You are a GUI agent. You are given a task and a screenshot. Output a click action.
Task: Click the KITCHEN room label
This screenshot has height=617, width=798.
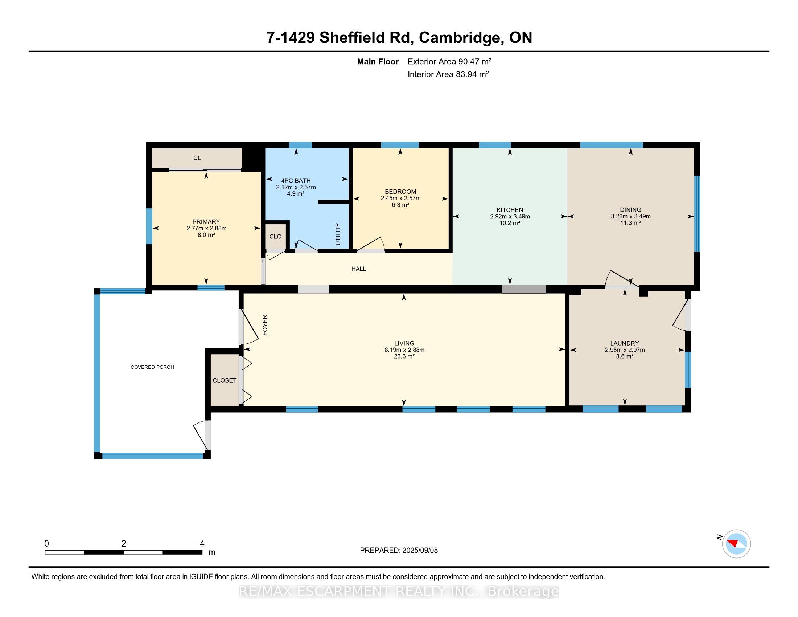(510, 210)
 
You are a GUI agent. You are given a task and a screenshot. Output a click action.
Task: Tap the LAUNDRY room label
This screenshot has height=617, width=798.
(625, 343)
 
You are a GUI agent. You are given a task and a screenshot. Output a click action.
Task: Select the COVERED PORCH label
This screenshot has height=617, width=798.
(152, 367)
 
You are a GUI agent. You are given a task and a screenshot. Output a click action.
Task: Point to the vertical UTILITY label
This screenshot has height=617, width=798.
(338, 234)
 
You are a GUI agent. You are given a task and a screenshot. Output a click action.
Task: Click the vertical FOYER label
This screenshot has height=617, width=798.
(265, 325)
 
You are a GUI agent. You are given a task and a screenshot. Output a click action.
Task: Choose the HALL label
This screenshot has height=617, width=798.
(359, 269)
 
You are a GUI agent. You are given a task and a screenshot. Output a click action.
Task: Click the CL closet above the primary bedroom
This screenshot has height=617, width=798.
(197, 158)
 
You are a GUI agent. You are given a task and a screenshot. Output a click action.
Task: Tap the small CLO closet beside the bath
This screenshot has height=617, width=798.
(276, 237)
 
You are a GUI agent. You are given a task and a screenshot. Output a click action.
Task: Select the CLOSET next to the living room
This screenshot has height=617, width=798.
(225, 380)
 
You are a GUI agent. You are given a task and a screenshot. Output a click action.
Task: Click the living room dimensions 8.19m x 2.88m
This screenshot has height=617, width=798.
(404, 350)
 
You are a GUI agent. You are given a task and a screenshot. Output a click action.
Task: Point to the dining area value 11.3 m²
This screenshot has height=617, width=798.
(631, 223)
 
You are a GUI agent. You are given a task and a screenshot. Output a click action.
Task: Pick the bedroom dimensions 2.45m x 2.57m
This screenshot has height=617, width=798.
(400, 199)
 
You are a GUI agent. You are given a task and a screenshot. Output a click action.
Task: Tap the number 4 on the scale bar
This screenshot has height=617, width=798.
(202, 544)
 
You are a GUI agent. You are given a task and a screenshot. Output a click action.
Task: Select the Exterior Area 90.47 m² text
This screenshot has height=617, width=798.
(449, 61)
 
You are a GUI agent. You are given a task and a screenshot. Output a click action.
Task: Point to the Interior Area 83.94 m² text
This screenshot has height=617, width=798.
(448, 74)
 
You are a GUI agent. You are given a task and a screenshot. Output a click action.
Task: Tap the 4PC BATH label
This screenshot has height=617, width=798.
(296, 181)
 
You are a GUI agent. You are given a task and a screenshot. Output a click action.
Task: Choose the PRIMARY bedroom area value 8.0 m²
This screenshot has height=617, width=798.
(206, 235)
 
